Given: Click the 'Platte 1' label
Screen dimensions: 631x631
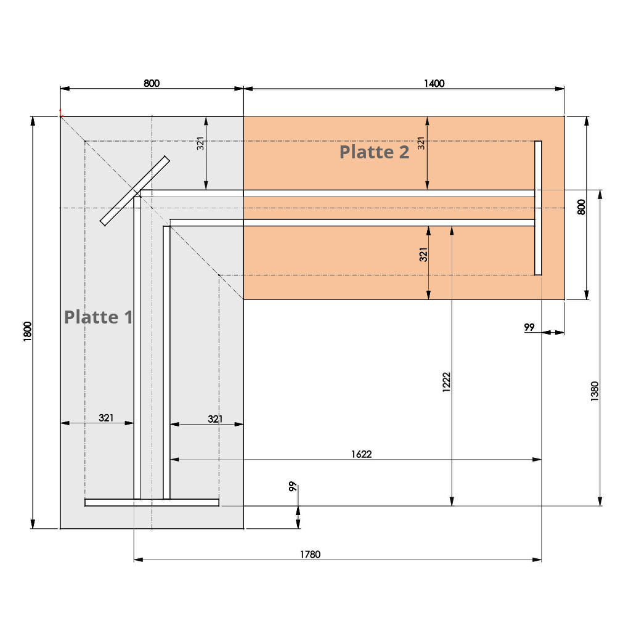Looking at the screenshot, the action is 98,317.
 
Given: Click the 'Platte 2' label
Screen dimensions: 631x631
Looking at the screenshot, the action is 374,152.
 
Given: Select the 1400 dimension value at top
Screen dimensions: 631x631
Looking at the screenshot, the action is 434,83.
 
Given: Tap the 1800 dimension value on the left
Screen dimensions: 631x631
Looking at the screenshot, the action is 27,332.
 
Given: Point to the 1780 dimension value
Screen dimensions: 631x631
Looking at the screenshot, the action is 311,554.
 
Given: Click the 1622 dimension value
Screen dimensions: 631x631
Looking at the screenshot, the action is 361,454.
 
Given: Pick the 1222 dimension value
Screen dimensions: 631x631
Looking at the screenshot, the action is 446,382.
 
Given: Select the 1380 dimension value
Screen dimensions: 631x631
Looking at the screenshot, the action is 595,391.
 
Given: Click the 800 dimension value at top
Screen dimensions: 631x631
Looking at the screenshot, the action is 152,83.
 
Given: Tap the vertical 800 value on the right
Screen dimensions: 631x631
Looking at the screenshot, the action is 581,207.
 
